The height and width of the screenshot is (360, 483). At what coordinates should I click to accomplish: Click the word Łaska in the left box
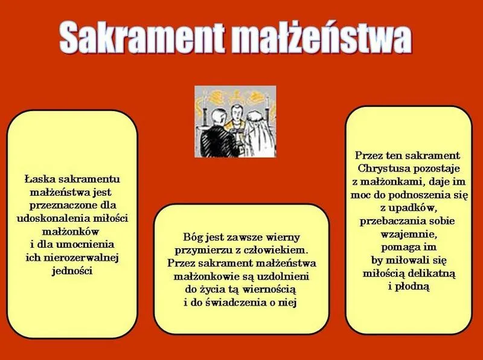[39, 179]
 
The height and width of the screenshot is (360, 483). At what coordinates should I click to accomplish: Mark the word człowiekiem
[282, 249]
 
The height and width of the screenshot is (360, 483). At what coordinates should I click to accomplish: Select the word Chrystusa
[382, 167]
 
